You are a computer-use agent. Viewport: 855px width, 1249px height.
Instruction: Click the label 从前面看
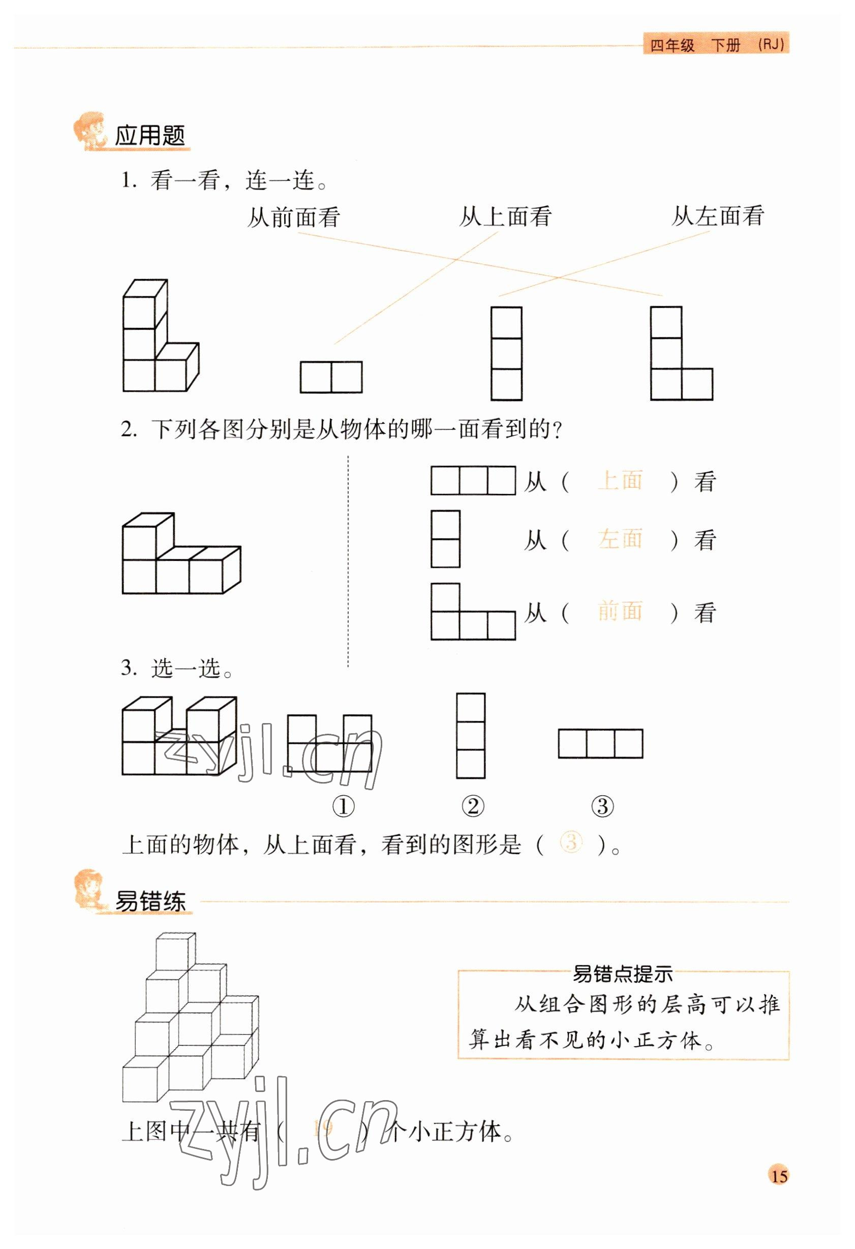click(293, 217)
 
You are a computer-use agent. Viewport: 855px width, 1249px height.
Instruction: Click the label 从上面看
click(505, 216)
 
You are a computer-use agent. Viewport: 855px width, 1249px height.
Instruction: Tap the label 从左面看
click(717, 215)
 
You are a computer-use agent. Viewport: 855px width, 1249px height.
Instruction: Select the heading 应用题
click(150, 136)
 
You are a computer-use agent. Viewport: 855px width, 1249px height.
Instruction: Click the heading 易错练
click(150, 901)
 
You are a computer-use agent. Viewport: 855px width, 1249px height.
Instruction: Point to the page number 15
click(779, 1175)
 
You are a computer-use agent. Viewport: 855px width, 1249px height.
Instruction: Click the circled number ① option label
click(344, 806)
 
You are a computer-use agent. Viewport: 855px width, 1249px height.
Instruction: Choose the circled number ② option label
click(473, 806)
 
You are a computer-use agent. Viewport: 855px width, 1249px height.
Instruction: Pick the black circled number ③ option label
click(602, 806)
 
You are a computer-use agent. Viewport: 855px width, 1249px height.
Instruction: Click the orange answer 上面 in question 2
click(620, 480)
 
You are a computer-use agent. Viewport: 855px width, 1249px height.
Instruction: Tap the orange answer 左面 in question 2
click(620, 539)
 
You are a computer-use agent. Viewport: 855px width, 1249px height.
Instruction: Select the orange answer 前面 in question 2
click(620, 611)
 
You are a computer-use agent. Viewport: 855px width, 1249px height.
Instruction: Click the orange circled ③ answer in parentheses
click(571, 842)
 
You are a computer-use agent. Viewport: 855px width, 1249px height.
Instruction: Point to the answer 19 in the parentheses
click(323, 1127)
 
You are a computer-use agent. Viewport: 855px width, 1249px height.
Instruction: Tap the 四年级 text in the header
click(672, 45)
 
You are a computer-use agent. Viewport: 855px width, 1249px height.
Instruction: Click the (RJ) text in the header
click(771, 45)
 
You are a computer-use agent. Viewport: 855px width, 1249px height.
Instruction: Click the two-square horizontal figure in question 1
click(331, 377)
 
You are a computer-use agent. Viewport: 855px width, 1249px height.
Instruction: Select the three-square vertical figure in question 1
click(506, 353)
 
